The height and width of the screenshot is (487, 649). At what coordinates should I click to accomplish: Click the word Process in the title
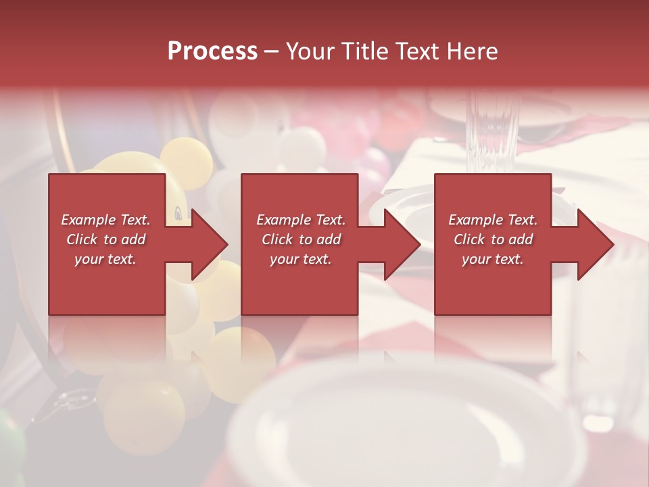[x=212, y=51]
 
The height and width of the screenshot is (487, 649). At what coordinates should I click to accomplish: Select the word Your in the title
[x=310, y=51]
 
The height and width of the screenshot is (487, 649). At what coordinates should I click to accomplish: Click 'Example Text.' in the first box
[x=105, y=220]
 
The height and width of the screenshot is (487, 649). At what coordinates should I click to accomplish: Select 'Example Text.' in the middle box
[x=300, y=220]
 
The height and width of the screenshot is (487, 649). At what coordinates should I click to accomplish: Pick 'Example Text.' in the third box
[x=493, y=220]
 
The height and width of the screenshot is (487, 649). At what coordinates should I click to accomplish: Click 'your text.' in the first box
[x=105, y=259]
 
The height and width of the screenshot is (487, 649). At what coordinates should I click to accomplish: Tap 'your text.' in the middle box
[x=300, y=259]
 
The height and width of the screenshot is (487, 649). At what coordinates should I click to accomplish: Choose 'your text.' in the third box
[x=493, y=259]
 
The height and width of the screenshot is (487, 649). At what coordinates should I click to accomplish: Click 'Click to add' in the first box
[x=105, y=239]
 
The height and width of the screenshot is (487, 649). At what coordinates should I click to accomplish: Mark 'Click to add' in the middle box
[x=300, y=239]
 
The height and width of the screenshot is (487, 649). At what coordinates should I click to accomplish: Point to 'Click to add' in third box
[x=493, y=239]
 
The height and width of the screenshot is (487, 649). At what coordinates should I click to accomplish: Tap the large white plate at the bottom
[x=406, y=426]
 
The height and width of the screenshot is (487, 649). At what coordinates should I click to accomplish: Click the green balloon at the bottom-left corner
[x=9, y=446]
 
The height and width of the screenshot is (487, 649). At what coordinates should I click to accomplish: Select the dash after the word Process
[x=272, y=52]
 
